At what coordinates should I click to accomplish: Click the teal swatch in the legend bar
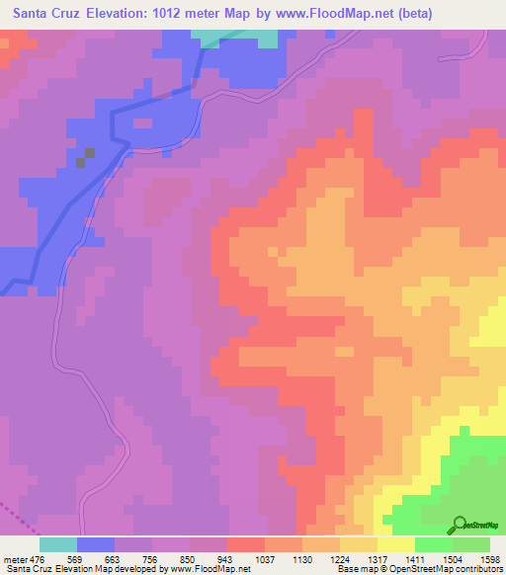tap(57, 544)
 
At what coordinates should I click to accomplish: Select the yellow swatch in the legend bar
tap(395, 544)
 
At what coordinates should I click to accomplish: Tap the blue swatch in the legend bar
tap(95, 544)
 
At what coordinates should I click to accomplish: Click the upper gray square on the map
tap(90, 152)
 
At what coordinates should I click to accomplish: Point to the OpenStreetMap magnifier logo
tap(460, 525)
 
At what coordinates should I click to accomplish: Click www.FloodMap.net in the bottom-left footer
tap(211, 570)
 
